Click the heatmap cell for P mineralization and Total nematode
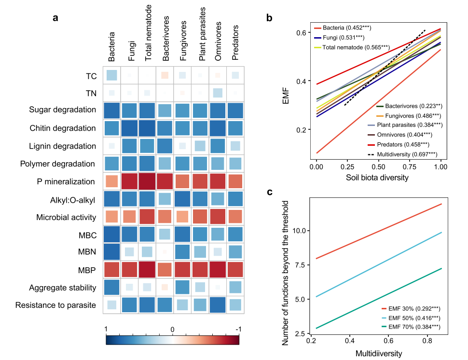[147, 181]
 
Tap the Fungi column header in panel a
[131, 52]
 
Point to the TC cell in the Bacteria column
[112, 75]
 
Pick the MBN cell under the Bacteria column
[112, 252]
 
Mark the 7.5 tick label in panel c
[300, 265]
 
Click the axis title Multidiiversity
[379, 354]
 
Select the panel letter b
[269, 18]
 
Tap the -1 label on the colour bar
[238, 329]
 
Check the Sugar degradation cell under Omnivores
[218, 111]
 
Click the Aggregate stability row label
[62, 288]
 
